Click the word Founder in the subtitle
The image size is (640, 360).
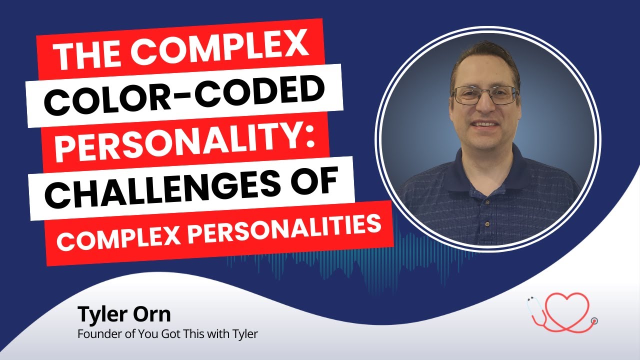95,333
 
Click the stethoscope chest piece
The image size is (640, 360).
593,320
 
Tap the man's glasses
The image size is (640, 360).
485,95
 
